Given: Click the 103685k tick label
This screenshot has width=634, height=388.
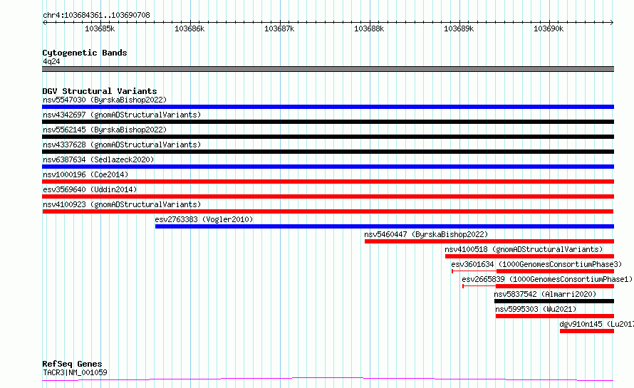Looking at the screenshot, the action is click(x=100, y=28).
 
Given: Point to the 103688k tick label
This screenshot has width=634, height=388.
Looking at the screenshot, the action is click(x=369, y=28).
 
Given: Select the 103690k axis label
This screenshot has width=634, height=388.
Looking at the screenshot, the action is click(x=549, y=28).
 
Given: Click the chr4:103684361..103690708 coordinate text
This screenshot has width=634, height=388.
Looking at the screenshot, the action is click(x=96, y=16).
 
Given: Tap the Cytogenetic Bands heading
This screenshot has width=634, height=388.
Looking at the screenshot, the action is click(x=85, y=53).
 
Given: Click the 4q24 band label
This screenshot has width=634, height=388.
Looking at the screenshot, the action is click(x=51, y=61).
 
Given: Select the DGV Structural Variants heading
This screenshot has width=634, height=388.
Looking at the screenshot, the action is click(x=100, y=91).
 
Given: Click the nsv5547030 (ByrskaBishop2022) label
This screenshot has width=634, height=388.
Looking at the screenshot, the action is click(x=105, y=100).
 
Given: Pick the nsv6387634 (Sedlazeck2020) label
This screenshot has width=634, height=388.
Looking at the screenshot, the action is click(x=98, y=159).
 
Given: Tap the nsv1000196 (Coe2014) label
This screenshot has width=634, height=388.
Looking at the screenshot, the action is click(x=85, y=174).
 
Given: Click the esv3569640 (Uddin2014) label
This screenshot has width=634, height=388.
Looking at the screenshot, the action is click(x=90, y=189).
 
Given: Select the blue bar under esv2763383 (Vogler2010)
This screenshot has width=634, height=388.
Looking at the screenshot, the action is click(x=385, y=226).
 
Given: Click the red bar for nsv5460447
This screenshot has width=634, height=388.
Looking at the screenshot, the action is click(x=489, y=241).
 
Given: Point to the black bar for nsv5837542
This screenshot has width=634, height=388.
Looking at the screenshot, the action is click(x=554, y=301).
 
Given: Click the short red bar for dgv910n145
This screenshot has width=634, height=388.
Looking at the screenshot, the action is click(x=587, y=331).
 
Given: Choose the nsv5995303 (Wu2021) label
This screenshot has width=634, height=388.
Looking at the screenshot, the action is click(x=536, y=309).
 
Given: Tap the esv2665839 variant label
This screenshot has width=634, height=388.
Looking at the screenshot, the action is click(x=483, y=279).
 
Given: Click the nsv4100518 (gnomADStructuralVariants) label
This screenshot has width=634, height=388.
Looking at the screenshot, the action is click(x=524, y=249).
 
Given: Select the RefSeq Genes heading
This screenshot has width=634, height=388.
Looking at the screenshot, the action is click(x=72, y=365).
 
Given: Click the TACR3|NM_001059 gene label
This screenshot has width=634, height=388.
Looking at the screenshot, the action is click(x=75, y=372).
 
